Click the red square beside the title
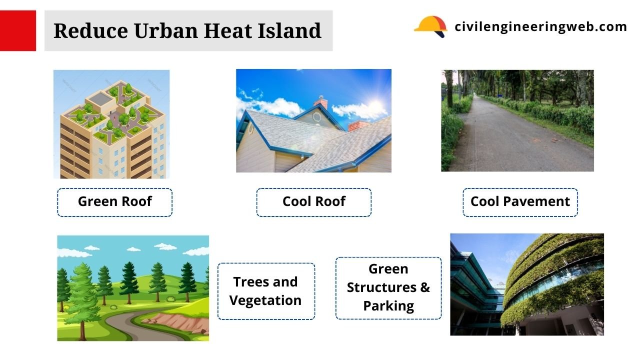(18, 30)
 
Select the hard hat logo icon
(430, 26)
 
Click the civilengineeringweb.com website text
(540, 26)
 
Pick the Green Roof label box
(114, 202)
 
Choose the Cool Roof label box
(313, 202)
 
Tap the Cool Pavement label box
(520, 202)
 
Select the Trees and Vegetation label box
(266, 291)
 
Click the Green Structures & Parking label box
(388, 287)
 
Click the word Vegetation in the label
(265, 300)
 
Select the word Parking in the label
(388, 306)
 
